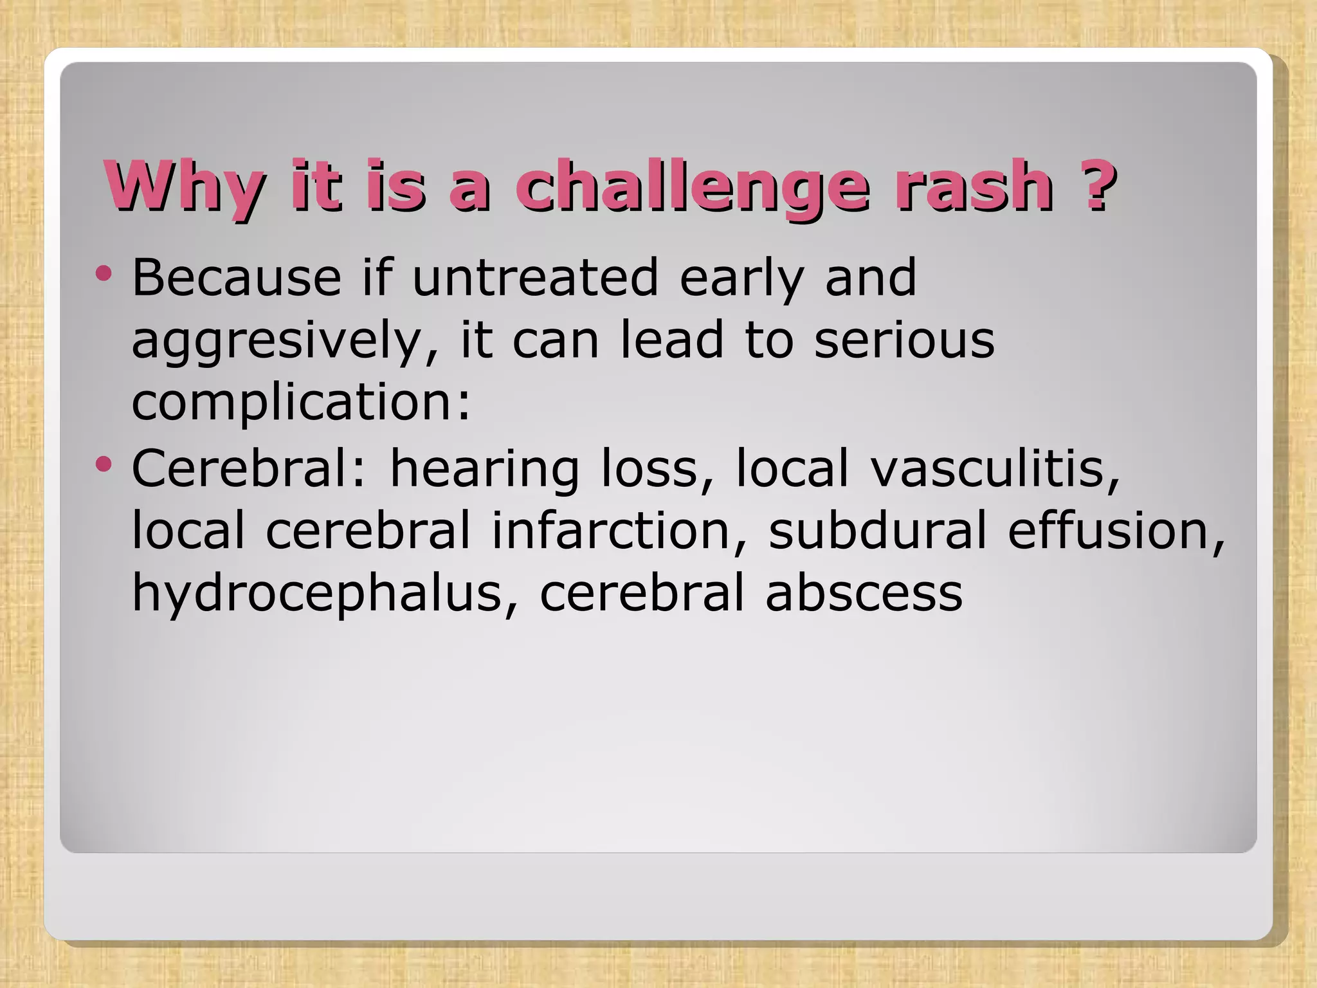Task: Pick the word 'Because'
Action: tap(237, 277)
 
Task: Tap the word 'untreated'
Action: tap(535, 277)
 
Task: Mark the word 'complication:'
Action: tap(302, 404)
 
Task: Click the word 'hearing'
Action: tap(485, 470)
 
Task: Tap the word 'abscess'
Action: tap(864, 592)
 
